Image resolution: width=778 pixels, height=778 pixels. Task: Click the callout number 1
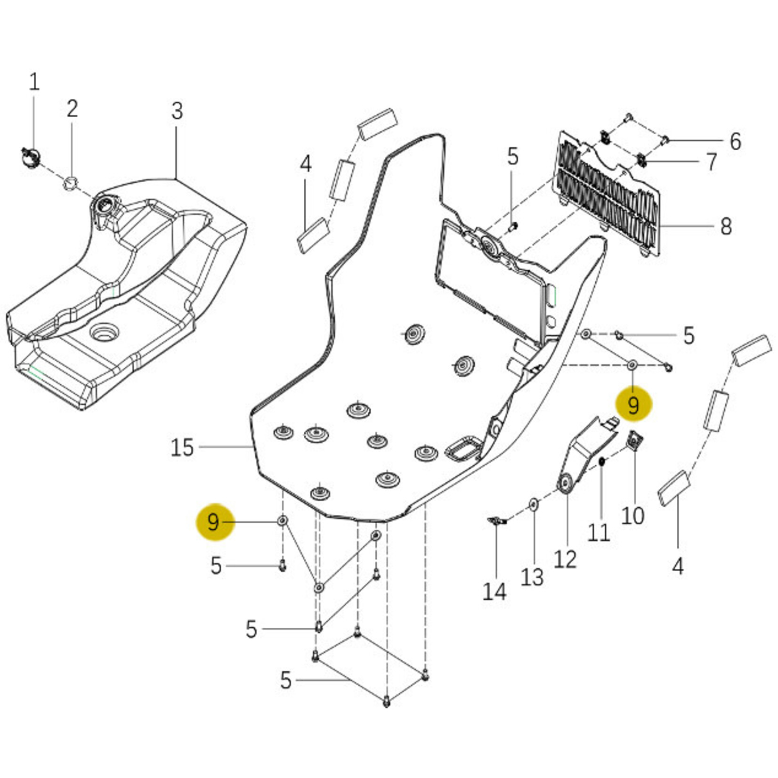[34, 82]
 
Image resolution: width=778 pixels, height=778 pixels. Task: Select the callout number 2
[72, 109]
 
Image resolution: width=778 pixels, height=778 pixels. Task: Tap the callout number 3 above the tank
[177, 112]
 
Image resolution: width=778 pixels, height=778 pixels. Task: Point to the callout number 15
[182, 447]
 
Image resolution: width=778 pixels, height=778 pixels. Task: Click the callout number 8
[726, 227]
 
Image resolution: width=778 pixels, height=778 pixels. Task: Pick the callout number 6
[735, 141]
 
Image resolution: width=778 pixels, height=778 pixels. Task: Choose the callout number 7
[712, 162]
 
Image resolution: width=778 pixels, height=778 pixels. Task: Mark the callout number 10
[632, 515]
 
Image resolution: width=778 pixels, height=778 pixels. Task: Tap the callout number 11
[599, 533]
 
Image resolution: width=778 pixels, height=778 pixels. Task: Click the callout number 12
[565, 559]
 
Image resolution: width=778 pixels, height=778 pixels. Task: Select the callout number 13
[532, 577]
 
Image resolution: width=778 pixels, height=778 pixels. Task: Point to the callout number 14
[494, 592]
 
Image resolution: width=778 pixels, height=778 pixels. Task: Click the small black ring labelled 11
[602, 461]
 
